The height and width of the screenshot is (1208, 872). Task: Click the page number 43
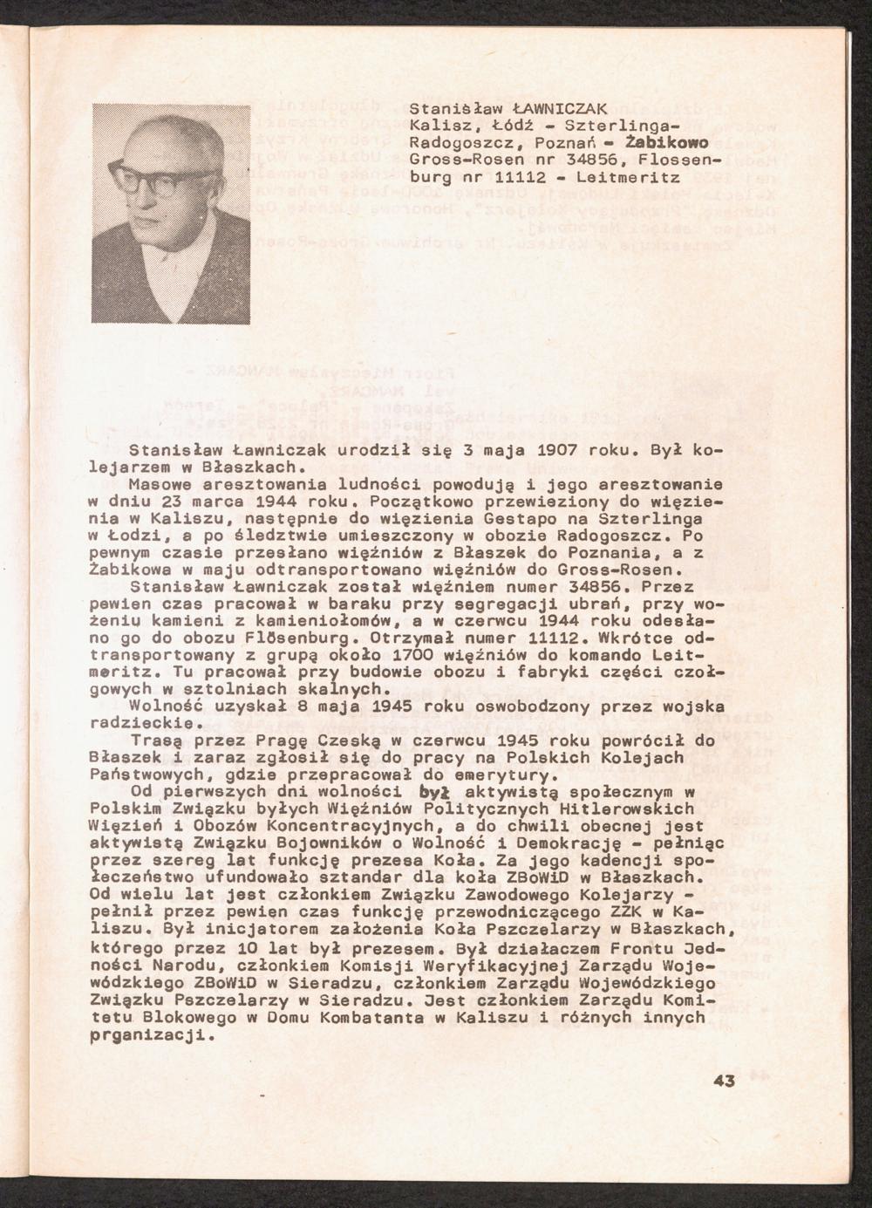(x=724, y=1082)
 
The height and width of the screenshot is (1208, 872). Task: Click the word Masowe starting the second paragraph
(x=154, y=483)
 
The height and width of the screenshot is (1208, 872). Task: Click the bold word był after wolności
(x=433, y=792)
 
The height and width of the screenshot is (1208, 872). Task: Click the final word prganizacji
(x=148, y=1035)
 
